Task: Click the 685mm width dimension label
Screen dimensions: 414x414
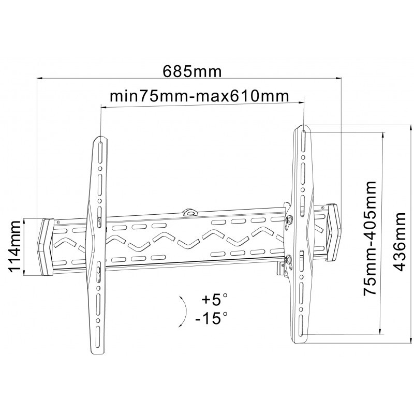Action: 192,71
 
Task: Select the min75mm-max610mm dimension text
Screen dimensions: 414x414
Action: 199,96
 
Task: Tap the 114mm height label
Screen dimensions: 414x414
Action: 14,247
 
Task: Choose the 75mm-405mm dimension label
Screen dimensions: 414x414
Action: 369,238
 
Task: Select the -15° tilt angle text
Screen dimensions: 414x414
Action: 211,318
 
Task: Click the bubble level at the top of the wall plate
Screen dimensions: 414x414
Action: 190,212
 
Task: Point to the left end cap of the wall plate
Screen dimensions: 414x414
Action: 46,247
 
